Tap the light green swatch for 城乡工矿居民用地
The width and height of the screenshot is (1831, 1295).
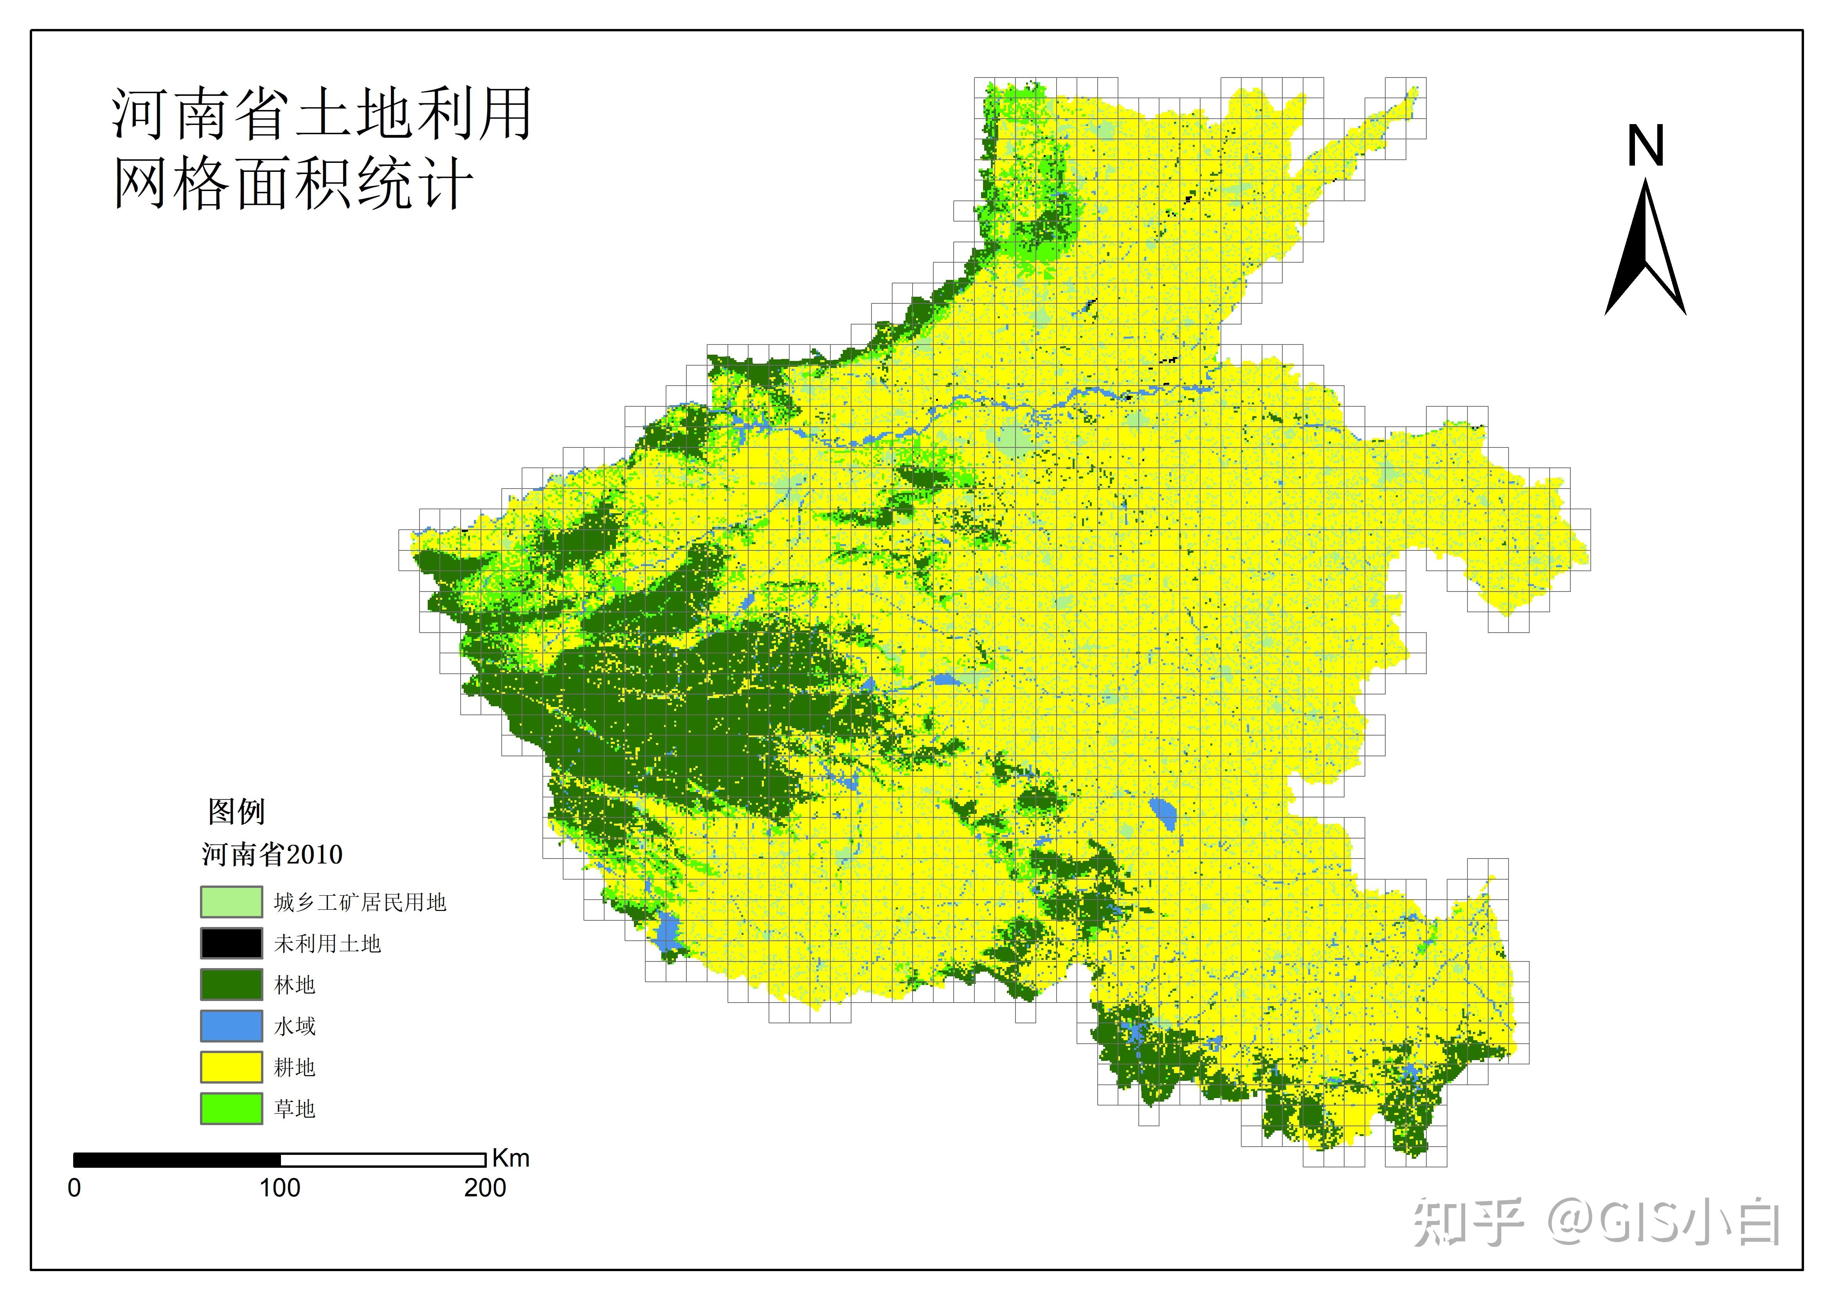[231, 902]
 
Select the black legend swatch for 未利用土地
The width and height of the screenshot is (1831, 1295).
[231, 943]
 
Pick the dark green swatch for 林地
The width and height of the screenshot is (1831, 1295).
[231, 985]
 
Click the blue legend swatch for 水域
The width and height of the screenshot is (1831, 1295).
[231, 1026]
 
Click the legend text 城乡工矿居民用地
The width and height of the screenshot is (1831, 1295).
[360, 902]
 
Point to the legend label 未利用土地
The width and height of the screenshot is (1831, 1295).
[327, 944]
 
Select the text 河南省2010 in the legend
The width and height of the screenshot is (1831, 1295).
[272, 855]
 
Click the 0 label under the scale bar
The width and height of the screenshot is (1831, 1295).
[74, 1188]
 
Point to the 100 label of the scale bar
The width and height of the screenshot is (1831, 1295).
[280, 1188]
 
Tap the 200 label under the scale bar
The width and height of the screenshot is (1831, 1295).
[485, 1188]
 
